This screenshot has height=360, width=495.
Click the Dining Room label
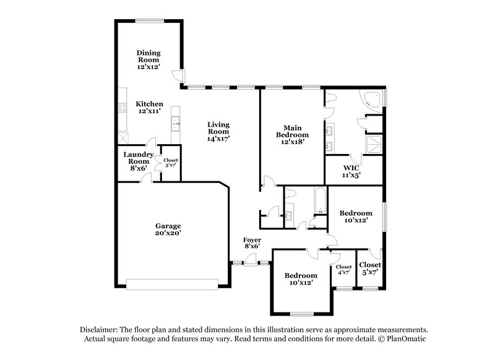148,59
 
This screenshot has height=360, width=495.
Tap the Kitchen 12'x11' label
149,108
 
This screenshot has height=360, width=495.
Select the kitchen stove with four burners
122,114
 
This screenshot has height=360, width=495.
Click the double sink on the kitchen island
176,121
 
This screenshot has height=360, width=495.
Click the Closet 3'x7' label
170,163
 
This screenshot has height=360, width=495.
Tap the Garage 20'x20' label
168,229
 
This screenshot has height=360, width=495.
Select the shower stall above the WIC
374,144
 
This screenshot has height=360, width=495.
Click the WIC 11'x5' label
351,171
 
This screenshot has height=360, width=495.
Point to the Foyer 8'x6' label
252,242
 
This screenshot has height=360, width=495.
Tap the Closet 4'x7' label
343,270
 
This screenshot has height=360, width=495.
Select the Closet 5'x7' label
370,268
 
